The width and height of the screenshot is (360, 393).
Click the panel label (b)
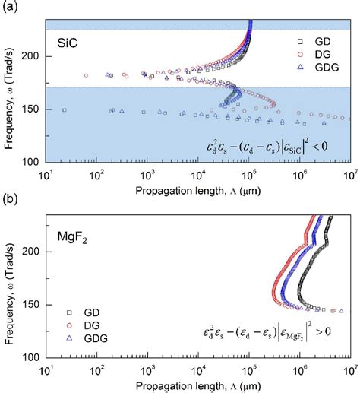click(9, 201)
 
